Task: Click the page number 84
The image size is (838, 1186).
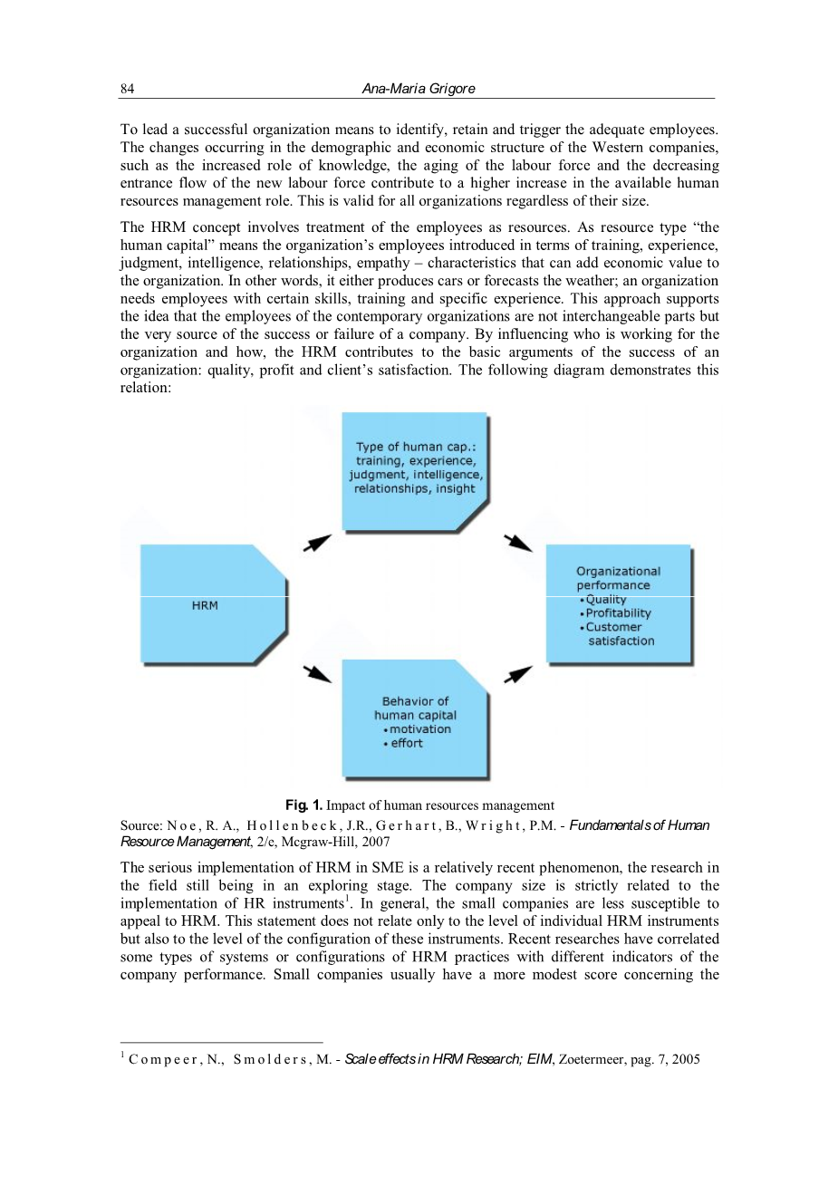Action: coord(127,89)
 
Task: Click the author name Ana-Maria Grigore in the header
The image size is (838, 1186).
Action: coord(418,89)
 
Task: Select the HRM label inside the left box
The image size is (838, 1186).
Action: coord(205,605)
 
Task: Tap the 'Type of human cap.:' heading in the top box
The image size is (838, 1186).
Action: coord(416,447)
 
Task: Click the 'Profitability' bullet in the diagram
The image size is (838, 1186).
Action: coord(618,613)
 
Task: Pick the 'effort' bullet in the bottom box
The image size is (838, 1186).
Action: coord(407,744)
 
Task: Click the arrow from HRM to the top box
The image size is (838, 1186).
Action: coord(316,542)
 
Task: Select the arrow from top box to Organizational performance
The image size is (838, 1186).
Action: coord(518,542)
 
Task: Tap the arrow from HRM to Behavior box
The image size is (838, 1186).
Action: coord(316,673)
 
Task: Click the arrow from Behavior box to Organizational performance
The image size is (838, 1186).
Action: coord(518,674)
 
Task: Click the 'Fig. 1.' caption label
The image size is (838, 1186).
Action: coord(303,805)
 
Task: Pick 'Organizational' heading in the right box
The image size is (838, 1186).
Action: coord(619,572)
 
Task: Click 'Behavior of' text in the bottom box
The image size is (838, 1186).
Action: coord(415,701)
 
